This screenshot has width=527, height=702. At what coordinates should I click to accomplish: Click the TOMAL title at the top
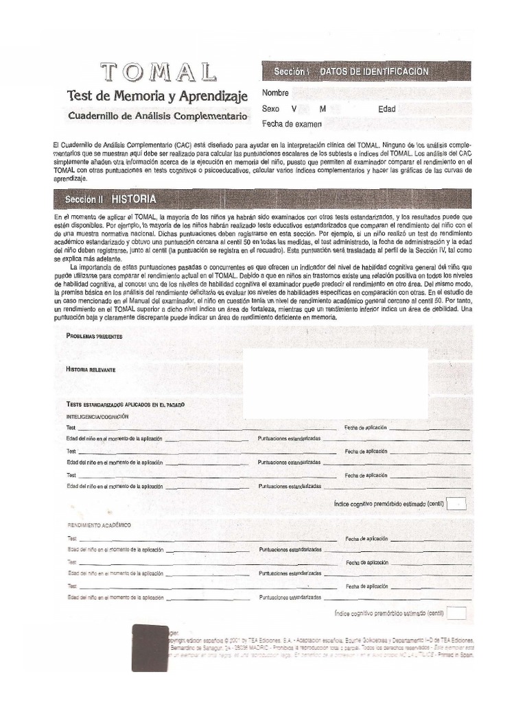(x=159, y=72)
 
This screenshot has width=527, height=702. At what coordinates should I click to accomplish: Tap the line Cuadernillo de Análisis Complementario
(x=157, y=117)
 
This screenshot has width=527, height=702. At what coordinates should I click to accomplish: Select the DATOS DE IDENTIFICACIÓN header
(x=374, y=71)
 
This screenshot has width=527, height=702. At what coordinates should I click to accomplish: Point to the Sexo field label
(x=271, y=109)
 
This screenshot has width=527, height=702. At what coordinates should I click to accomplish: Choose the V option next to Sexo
(x=294, y=109)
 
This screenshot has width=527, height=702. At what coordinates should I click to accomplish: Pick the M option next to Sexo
(x=323, y=109)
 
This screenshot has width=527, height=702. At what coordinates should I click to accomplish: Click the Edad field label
(x=387, y=109)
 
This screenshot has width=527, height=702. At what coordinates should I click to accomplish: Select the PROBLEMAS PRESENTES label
(x=94, y=336)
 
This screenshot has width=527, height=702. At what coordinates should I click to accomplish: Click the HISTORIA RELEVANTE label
(x=91, y=370)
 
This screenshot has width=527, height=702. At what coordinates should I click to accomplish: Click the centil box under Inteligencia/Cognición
(x=457, y=504)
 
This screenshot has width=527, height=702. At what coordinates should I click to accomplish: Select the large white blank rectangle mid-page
(x=336, y=383)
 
